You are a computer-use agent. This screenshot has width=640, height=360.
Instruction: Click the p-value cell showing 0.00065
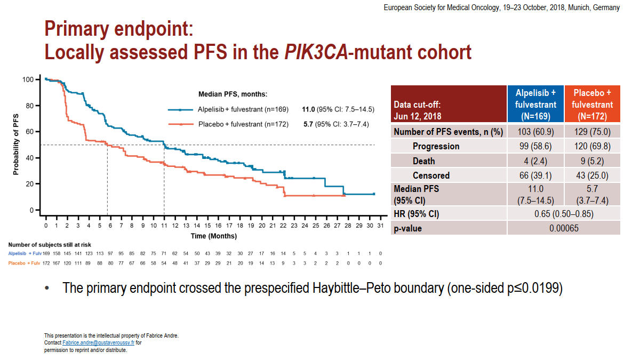(564, 228)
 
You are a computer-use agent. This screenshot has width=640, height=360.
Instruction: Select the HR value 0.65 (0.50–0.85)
(564, 214)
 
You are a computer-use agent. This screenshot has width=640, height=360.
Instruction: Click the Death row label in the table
(423, 161)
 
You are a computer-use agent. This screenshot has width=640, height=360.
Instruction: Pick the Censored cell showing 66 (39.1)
(535, 175)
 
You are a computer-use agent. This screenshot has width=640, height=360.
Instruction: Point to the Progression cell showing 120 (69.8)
(592, 146)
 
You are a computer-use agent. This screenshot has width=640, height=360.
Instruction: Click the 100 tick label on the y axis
(28, 79)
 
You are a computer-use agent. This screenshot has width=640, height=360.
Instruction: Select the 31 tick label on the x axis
(380, 226)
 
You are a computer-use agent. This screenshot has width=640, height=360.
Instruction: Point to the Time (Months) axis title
(214, 236)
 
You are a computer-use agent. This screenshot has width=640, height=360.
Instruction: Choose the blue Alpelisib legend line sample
(181, 110)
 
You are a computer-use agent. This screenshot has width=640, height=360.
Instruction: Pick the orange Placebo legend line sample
(181, 125)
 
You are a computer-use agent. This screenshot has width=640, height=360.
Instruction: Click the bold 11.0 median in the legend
(309, 110)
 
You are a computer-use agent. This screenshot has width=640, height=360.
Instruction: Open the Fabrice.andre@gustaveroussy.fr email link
(99, 343)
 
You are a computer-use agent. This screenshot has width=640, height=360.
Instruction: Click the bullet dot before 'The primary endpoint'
(47, 289)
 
